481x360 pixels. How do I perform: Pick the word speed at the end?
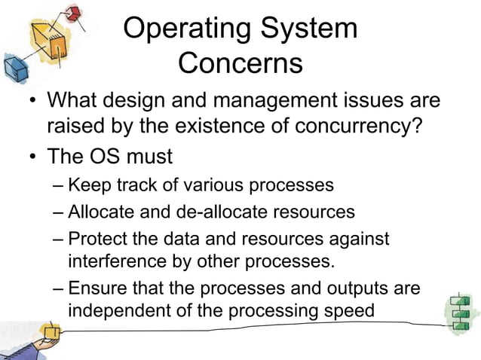pyautogui.click(x=346, y=310)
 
